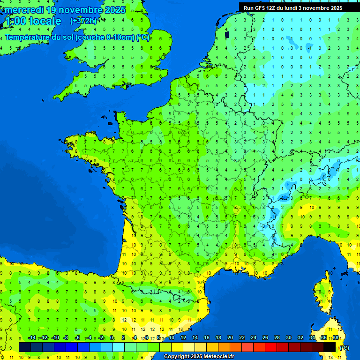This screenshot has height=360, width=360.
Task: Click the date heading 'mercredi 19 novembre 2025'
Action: click(x=65, y=10)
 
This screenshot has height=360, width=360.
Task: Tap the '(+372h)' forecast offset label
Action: click(x=83, y=21)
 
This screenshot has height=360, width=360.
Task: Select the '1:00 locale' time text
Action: click(x=33, y=21)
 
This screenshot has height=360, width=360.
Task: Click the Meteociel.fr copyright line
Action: click(x=199, y=357)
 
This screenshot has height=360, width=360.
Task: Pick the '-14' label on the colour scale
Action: click(x=32, y=338)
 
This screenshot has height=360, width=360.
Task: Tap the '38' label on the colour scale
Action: click(x=336, y=338)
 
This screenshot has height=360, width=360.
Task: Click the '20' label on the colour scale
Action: click(x=230, y=338)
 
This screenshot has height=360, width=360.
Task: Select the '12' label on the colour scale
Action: click(x=183, y=338)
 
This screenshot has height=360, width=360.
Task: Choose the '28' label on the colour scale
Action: click(x=277, y=338)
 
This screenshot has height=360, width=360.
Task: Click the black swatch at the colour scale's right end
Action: click(x=330, y=347)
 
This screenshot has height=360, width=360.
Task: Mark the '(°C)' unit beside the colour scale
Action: click(x=344, y=347)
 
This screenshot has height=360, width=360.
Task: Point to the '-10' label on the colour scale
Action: click(x=55, y=338)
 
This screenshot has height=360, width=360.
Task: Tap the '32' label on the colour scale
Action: click(x=300, y=338)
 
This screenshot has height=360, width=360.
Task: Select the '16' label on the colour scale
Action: click(x=207, y=338)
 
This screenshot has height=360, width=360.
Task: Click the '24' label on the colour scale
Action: click(x=254, y=338)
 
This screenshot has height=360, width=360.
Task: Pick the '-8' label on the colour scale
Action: click(x=66, y=338)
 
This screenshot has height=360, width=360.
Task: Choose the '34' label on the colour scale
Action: click(x=312, y=338)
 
